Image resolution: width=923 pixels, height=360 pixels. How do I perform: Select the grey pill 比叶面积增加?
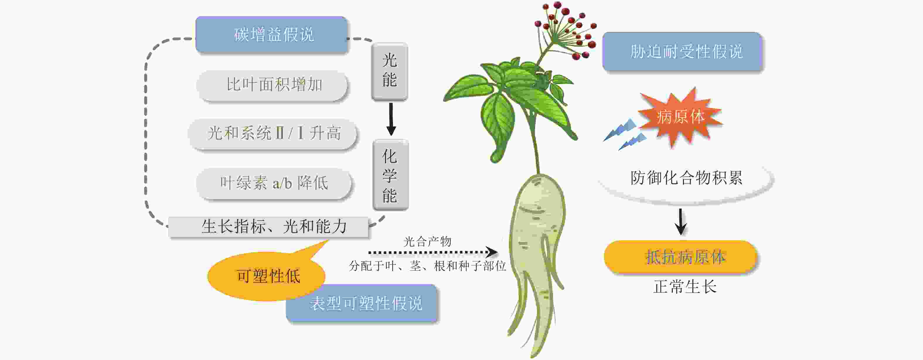[272, 85]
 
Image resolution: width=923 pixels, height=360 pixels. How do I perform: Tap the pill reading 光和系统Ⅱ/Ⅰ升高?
[272, 134]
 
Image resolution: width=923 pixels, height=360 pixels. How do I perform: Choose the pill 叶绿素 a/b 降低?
[273, 183]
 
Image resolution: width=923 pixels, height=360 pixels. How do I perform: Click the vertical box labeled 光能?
[389, 71]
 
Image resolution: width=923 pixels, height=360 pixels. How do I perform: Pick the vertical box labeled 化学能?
[390, 175]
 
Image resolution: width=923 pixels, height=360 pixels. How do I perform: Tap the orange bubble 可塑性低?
[267, 276]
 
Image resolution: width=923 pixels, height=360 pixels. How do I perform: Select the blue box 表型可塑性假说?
[362, 303]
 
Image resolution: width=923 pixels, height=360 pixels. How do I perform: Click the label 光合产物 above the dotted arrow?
[427, 242]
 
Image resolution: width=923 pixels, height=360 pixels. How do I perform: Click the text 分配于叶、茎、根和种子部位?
[427, 266]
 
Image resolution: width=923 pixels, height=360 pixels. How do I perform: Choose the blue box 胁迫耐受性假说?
[682, 52]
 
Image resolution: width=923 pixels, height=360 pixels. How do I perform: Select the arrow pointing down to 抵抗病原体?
[680, 222]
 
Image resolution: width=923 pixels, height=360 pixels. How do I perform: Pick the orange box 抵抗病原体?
[680, 257]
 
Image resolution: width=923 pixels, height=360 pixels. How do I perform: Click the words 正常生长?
[684, 286]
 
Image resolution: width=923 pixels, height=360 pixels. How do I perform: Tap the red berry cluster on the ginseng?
[566, 29]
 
